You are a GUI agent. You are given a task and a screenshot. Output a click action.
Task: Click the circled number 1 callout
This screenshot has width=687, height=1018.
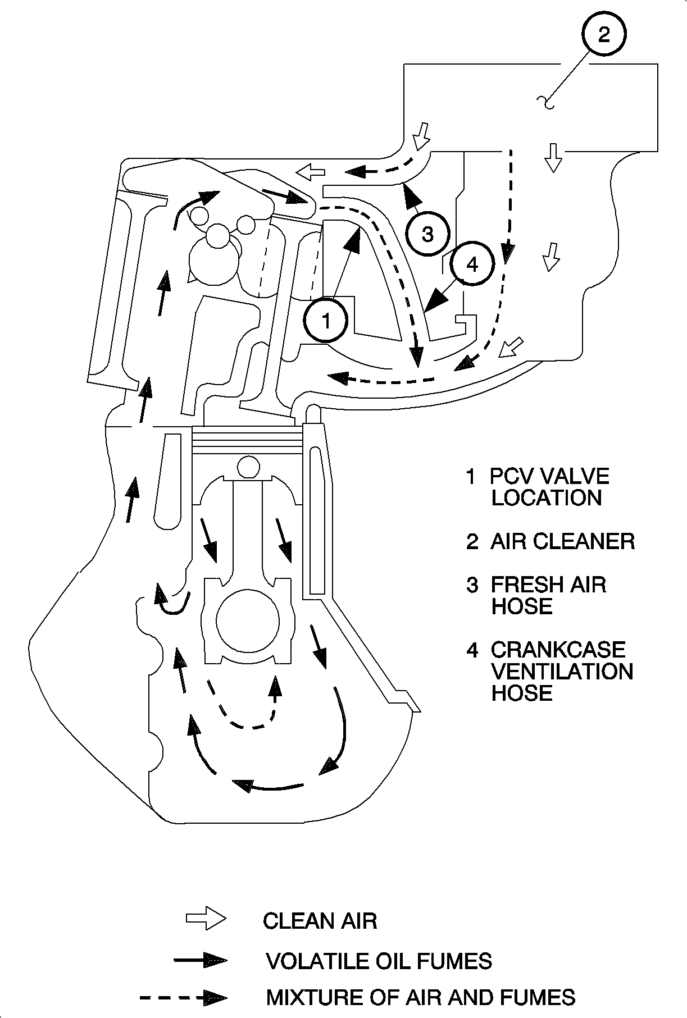pos(326,321)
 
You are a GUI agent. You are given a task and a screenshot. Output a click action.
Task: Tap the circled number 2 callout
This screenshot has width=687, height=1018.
pos(604,34)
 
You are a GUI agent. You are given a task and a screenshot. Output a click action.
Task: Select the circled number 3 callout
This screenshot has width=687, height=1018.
pos(428,234)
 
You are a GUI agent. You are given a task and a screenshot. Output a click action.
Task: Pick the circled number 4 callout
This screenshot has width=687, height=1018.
pos(472,264)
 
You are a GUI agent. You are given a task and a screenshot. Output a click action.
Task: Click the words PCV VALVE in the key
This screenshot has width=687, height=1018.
pos(549,476)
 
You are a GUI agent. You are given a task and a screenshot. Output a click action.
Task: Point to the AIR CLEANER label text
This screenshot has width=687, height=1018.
pos(562,541)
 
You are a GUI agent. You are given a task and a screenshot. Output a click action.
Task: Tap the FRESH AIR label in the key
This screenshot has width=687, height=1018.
pos(548,585)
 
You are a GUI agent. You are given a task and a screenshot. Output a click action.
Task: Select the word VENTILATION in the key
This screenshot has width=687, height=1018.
pos(562,671)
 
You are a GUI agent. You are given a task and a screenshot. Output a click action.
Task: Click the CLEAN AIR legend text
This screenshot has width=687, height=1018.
pos(320,921)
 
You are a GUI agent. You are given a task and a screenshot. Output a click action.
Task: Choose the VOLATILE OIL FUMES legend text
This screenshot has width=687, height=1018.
pos(379,961)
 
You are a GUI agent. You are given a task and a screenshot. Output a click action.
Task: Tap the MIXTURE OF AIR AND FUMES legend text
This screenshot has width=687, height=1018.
pos(421,997)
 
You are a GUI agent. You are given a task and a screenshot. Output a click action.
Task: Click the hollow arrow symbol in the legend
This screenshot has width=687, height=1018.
pos(206,919)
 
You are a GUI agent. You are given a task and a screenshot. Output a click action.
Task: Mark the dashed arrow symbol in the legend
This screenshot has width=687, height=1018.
pos(184,998)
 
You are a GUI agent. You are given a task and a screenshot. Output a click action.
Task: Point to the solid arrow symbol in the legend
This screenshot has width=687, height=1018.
pos(201,960)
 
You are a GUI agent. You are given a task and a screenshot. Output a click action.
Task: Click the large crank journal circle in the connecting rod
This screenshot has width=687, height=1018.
pos(248,620)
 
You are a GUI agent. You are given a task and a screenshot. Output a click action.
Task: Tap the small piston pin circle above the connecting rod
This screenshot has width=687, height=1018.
pos(248,466)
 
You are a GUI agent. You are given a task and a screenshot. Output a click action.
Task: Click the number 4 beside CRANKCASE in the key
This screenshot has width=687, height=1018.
pos(472,650)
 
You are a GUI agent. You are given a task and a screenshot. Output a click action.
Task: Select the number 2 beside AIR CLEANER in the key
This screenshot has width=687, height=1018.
pos(472,542)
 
